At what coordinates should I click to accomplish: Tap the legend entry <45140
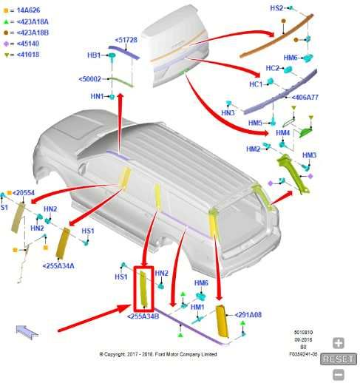click(27, 43)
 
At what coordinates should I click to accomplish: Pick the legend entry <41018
click(27, 53)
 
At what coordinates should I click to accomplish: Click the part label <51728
click(126, 40)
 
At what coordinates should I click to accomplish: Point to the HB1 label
click(94, 55)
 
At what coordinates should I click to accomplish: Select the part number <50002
click(90, 78)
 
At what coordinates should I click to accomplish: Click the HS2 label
click(276, 8)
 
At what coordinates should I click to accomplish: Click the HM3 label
click(308, 155)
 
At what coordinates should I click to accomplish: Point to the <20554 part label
click(23, 193)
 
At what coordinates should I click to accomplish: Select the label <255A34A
click(58, 265)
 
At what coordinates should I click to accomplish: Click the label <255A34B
click(143, 316)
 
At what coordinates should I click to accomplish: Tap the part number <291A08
click(248, 315)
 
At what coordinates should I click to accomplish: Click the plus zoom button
click(338, 343)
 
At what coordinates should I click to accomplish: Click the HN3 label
click(227, 112)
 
